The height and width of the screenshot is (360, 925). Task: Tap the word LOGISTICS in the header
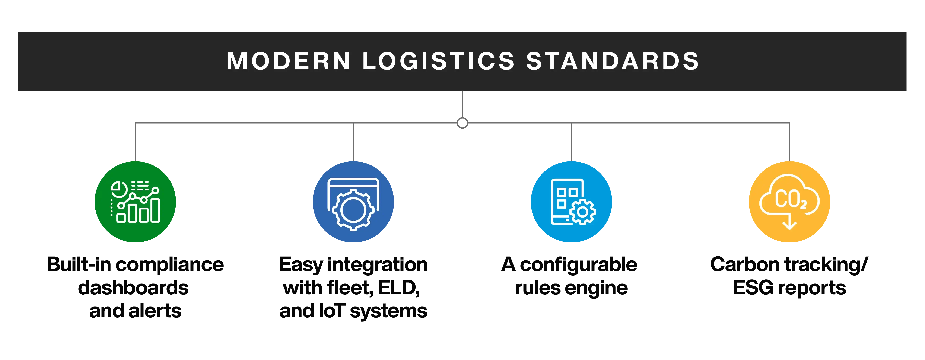tap(438, 61)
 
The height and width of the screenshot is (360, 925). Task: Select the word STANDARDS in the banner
tap(613, 61)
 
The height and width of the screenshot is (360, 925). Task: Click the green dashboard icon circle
tap(135, 202)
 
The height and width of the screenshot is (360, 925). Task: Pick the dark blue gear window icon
tap(353, 202)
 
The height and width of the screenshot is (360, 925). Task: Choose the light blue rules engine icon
tap(571, 202)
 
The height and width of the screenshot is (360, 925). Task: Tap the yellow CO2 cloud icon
tap(789, 202)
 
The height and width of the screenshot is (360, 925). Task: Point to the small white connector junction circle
tap(462, 123)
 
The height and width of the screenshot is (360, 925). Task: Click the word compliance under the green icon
tap(171, 265)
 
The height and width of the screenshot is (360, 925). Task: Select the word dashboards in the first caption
tap(134, 288)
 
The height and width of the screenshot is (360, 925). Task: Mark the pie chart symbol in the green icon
tap(118, 189)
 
